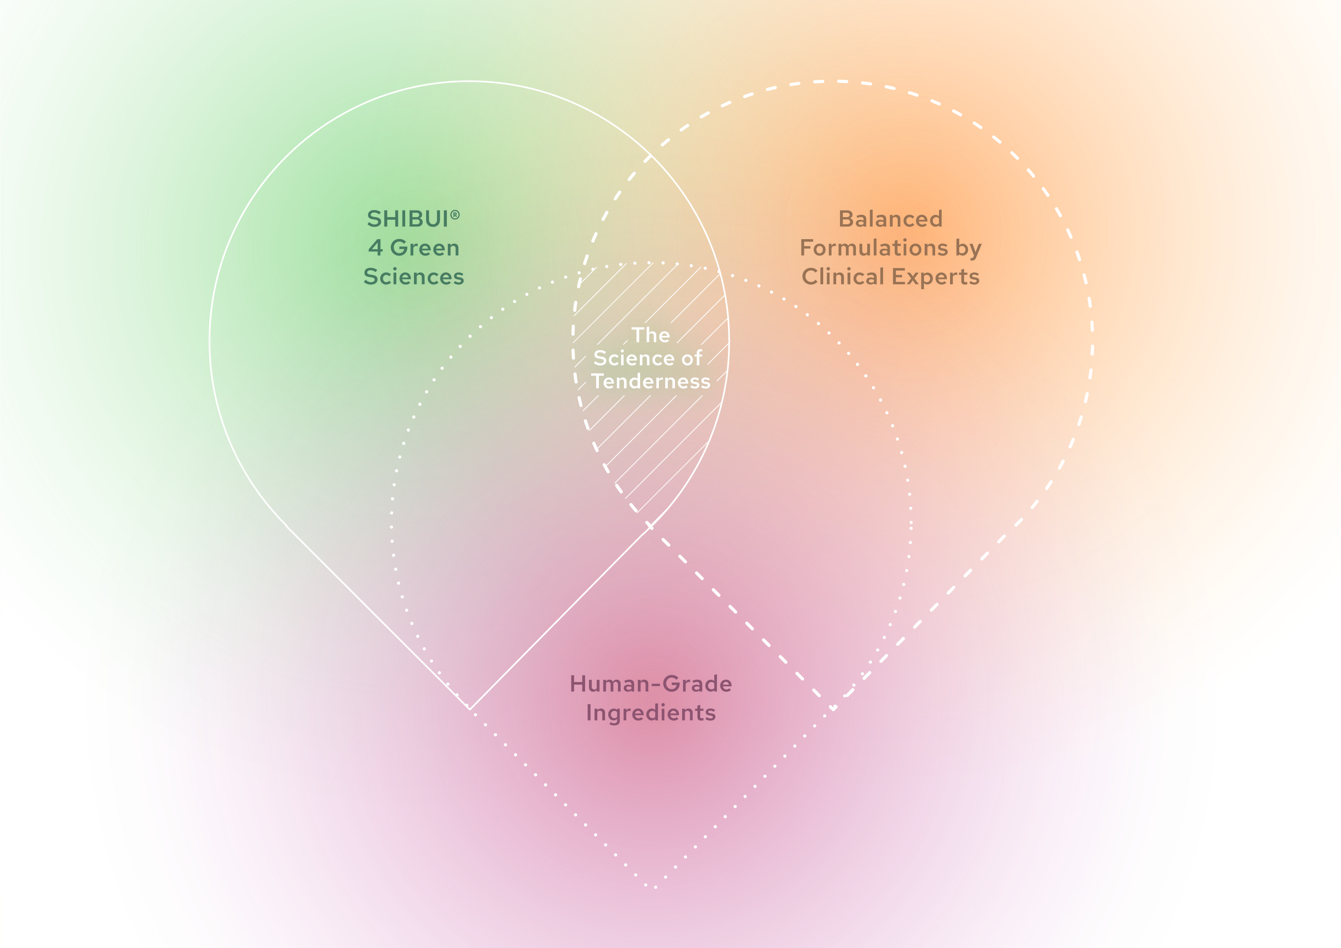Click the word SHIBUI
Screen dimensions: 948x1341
(407, 219)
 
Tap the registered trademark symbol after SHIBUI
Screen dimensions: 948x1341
(455, 215)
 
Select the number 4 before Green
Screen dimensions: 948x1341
(375, 248)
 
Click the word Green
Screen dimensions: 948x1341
(425, 248)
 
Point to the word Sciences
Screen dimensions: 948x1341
(413, 276)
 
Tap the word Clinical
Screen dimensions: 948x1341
(843, 276)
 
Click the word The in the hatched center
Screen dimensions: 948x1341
(651, 335)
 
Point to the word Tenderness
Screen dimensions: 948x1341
(651, 381)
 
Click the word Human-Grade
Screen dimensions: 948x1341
(651, 684)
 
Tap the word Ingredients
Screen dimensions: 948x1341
(651, 713)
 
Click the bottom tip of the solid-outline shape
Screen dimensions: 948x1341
(470, 708)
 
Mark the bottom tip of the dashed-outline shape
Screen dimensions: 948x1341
(833, 708)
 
